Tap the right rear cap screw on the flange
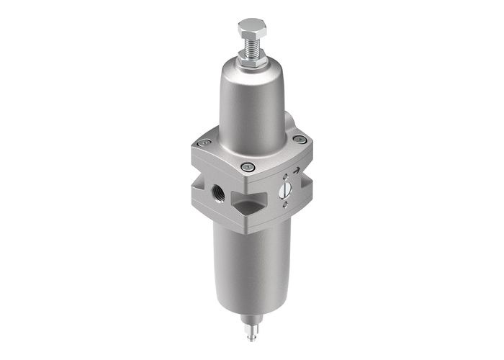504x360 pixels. click(x=300, y=140)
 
